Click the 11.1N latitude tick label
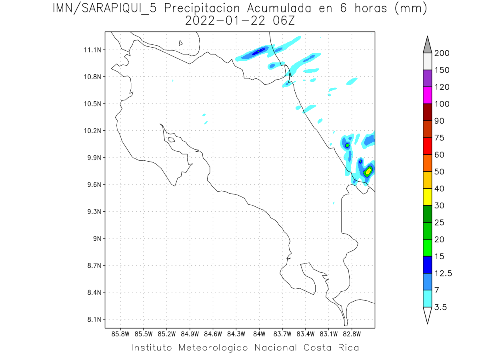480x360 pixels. point(92,50)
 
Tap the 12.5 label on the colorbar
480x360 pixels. point(443,274)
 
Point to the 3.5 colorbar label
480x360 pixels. point(442,307)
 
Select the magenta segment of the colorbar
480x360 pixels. point(427,96)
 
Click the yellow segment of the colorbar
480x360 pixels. point(427,197)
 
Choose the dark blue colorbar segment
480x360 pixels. point(427,264)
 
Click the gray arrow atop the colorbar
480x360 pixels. point(427,44)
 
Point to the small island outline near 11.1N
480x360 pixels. point(181,43)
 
